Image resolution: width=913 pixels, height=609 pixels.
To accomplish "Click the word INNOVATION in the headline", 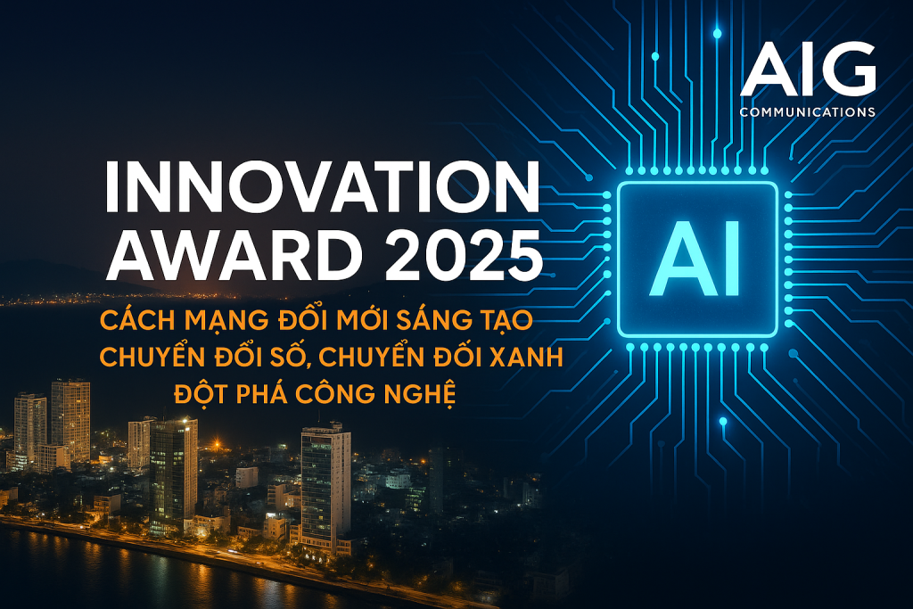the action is tap(322, 186).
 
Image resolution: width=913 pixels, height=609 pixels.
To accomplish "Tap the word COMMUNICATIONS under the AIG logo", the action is tap(808, 111).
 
